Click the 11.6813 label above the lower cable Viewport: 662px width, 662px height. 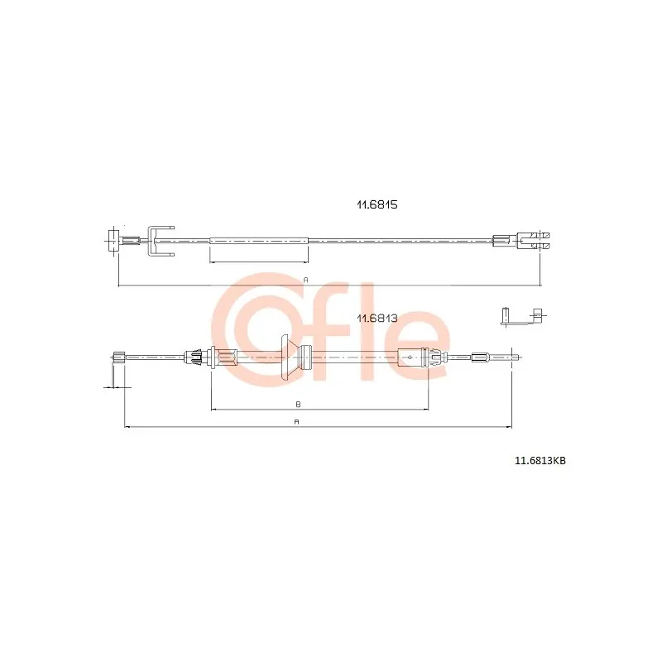pos(377,319)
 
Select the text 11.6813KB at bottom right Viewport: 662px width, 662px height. pos(540,461)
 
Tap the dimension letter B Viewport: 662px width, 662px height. pos(298,405)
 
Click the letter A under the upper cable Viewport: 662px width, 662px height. pos(306,280)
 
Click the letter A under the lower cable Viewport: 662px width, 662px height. pos(297,422)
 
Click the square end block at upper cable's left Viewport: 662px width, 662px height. pos(113,240)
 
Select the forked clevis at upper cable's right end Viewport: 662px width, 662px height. pos(533,241)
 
